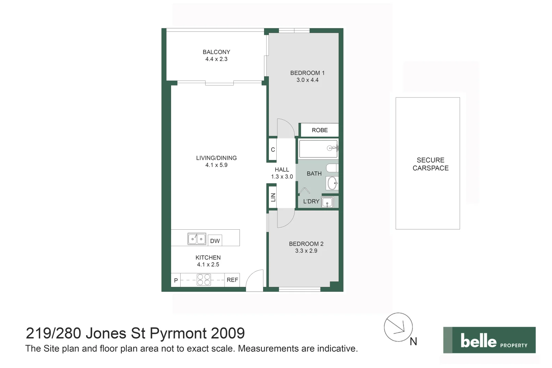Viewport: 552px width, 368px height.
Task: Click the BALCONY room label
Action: [x=216, y=52]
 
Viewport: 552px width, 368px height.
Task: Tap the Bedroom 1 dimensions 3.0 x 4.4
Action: [x=307, y=80]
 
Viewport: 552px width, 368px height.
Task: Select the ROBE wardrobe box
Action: [x=320, y=130]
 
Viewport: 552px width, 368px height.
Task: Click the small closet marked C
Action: [x=273, y=150]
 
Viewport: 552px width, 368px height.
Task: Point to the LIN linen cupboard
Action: [x=273, y=197]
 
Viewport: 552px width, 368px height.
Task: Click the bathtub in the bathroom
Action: [x=318, y=149]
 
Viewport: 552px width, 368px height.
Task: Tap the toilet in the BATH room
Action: [x=332, y=168]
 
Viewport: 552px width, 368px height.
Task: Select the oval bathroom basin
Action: [x=332, y=183]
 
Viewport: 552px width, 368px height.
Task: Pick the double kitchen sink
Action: [x=197, y=239]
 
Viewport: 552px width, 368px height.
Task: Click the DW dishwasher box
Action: [x=215, y=241]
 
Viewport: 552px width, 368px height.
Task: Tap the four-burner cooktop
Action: [x=204, y=280]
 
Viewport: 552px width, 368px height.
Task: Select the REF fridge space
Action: [x=232, y=280]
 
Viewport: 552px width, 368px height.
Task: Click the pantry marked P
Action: [x=176, y=280]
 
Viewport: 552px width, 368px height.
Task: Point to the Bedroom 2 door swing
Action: [x=285, y=219]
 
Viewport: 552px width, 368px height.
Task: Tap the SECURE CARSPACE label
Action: [x=430, y=164]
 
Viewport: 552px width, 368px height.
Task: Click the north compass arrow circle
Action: [x=398, y=327]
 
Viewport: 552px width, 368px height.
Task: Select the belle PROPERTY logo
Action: [x=489, y=340]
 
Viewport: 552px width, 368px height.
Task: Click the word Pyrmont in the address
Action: [x=178, y=333]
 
